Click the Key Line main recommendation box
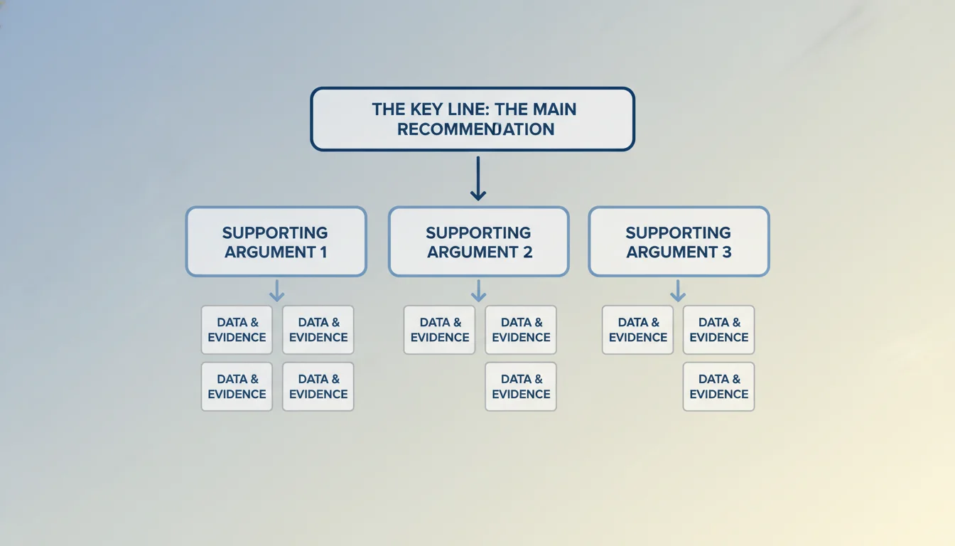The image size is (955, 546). tap(473, 119)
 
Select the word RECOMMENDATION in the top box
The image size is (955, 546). tap(475, 129)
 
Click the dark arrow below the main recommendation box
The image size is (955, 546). tap(478, 179)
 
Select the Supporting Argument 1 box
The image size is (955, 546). tap(276, 242)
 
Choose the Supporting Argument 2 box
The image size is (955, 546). tap(478, 242)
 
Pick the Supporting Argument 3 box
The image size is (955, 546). tap(679, 242)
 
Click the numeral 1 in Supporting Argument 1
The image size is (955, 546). tap(323, 252)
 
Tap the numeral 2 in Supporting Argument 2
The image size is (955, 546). tap(526, 252)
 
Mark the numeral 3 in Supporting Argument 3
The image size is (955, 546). tap(725, 252)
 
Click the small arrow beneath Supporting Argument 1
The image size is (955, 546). tap(277, 290)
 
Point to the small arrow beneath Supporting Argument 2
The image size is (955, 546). tap(479, 290)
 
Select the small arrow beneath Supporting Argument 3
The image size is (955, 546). tap(678, 290)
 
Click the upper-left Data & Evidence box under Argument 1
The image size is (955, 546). tap(237, 330)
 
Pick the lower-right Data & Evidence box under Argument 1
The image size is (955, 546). tap(318, 387)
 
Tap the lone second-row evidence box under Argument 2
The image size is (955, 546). tap(521, 387)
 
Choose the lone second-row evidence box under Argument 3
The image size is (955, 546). tap(718, 387)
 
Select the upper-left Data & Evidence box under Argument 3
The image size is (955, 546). tap(637, 330)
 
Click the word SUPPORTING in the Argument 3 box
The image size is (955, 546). tap(678, 232)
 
